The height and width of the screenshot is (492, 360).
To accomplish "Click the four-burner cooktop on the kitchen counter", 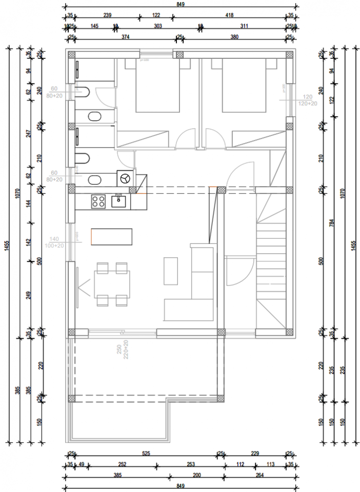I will [x=98, y=201].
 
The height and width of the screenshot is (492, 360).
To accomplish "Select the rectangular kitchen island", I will [x=111, y=237].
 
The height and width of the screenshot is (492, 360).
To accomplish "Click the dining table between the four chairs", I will [x=112, y=283].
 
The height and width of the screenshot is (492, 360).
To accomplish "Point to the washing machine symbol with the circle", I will [x=125, y=178].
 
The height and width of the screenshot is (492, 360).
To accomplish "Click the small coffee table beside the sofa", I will [x=171, y=271].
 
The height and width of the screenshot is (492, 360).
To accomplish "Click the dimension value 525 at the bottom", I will [x=146, y=453].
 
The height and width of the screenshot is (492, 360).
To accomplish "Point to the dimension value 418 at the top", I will [x=229, y=16].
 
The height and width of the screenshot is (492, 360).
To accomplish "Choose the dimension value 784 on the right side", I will [x=332, y=223].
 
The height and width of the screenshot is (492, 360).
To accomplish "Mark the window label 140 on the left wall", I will [x=55, y=239].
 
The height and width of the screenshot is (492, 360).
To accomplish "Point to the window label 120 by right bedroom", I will [x=308, y=97].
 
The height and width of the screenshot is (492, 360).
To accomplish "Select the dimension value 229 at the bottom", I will [x=255, y=453].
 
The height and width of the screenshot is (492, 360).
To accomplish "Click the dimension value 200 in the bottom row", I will [x=196, y=475].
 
